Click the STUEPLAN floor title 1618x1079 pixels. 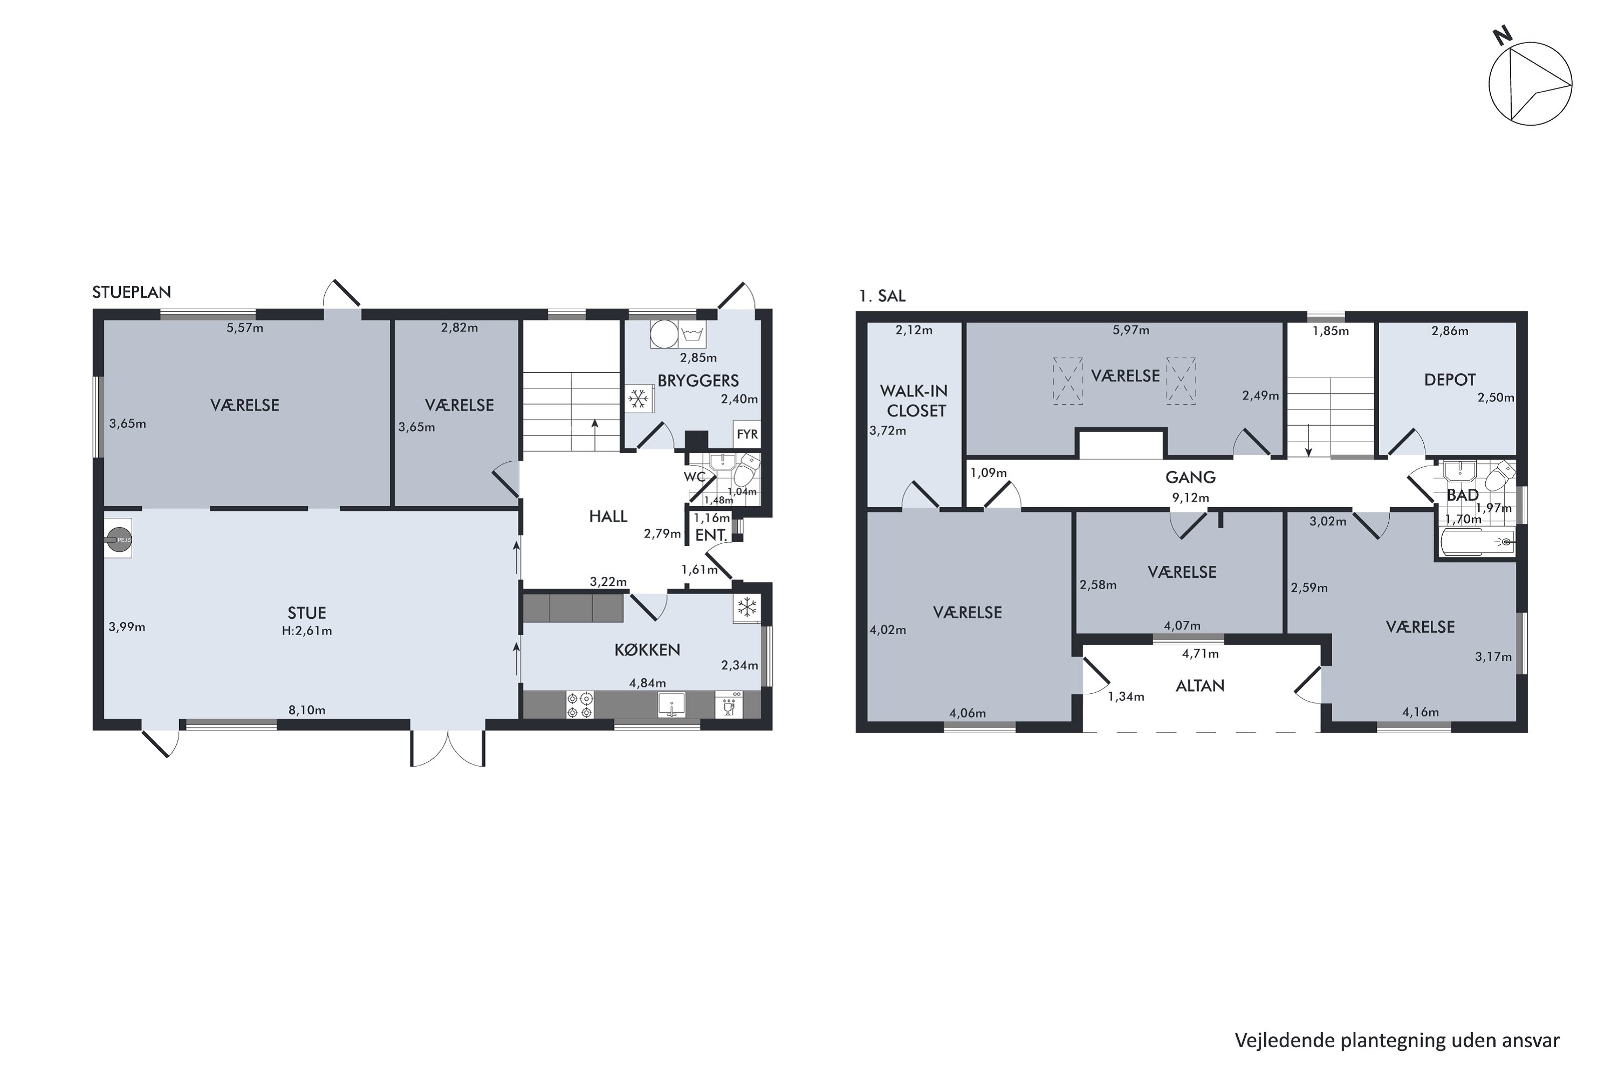(x=132, y=292)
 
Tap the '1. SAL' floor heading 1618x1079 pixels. (x=882, y=296)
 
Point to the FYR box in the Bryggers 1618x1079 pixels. (x=747, y=434)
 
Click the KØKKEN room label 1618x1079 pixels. (x=647, y=650)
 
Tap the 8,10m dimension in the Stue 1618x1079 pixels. (x=307, y=710)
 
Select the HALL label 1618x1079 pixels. (x=608, y=516)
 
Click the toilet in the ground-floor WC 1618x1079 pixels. (x=747, y=469)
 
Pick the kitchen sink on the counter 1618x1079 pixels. (x=671, y=705)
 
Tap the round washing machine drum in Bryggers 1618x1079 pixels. (x=664, y=334)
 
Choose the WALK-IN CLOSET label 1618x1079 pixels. (x=914, y=400)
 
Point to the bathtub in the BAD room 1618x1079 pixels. (x=1478, y=542)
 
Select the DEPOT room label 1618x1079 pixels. (x=1450, y=380)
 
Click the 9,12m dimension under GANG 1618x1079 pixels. (x=1190, y=497)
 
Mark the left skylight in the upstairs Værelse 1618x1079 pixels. (x=1068, y=380)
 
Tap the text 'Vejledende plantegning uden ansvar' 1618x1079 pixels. (x=1397, y=1041)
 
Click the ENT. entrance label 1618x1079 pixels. (x=711, y=535)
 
